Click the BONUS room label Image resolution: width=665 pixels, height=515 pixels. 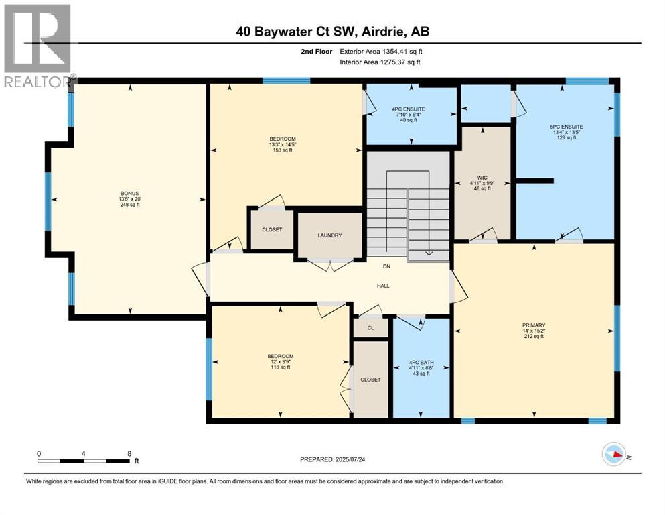[x=129, y=193]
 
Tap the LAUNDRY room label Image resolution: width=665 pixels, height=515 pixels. [x=329, y=235]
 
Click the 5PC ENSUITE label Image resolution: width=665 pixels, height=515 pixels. [x=565, y=126]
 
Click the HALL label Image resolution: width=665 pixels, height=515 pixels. [x=382, y=286]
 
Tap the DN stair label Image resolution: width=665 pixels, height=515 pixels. [x=386, y=266]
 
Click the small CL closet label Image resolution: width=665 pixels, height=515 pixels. [x=370, y=328]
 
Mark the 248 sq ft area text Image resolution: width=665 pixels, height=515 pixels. [x=129, y=205]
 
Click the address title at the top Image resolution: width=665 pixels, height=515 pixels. [x=332, y=32]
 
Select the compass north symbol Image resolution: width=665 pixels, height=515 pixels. [x=614, y=454]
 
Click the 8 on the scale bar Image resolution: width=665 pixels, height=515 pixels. [x=129, y=453]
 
